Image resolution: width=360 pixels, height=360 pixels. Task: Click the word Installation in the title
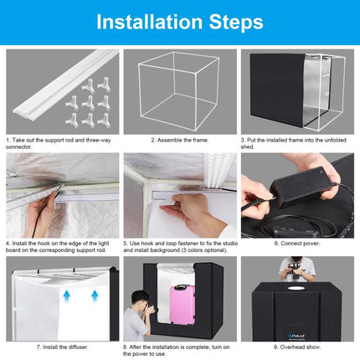click(x=149, y=22)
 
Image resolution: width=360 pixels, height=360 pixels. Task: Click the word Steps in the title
click(x=236, y=23)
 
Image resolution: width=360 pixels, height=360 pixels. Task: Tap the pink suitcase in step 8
click(x=183, y=305)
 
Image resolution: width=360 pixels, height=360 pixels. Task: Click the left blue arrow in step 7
click(x=66, y=296)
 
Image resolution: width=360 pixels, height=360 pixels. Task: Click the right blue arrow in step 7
click(x=95, y=296)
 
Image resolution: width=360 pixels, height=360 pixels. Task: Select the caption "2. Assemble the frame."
click(x=180, y=140)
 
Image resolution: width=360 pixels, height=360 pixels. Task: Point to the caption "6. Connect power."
click(x=297, y=244)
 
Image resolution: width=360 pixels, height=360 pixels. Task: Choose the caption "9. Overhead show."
click(x=297, y=347)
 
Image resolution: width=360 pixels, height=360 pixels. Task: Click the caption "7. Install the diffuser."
click(x=62, y=347)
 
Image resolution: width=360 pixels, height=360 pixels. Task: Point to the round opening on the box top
click(x=296, y=288)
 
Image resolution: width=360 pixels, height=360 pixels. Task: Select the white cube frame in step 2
click(x=178, y=90)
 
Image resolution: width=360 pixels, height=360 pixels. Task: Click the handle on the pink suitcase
click(x=181, y=286)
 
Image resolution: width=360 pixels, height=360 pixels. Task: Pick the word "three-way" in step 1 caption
click(x=98, y=140)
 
